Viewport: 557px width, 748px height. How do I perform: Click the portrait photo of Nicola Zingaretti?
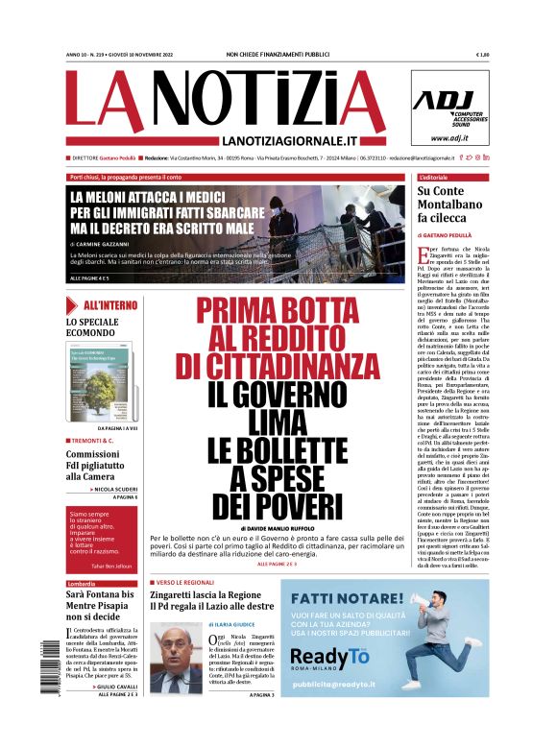pyautogui.click(x=175, y=658)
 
